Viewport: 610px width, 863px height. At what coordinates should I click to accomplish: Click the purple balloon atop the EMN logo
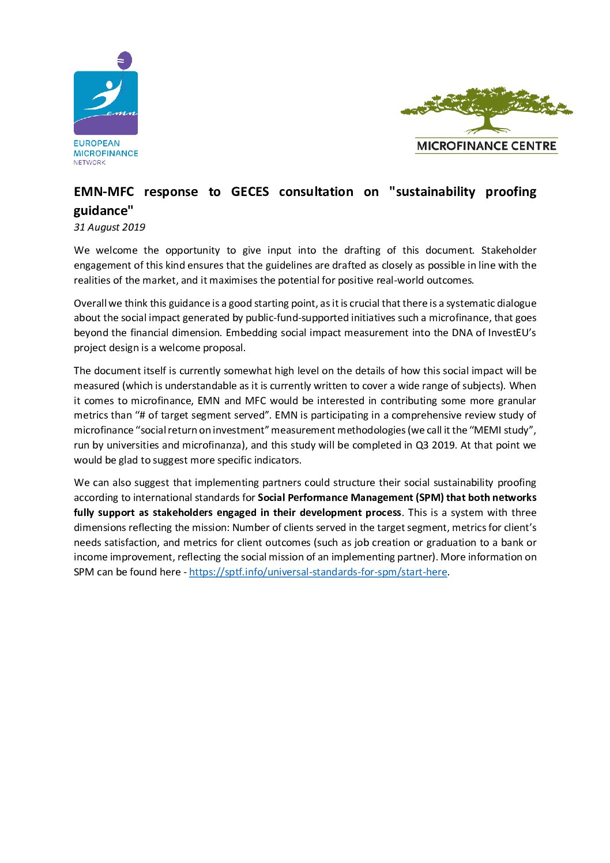click(125, 60)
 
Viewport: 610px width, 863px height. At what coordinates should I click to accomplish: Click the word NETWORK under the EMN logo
click(89, 163)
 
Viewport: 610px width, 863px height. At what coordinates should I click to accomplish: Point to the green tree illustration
click(486, 109)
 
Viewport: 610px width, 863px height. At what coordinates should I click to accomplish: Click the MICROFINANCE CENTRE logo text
click(486, 146)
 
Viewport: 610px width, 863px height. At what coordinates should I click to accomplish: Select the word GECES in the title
click(250, 191)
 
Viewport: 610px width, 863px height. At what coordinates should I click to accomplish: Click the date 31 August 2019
click(110, 227)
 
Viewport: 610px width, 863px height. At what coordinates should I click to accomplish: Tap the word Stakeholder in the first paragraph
click(509, 250)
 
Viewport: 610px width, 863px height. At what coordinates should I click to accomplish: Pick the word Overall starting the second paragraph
click(90, 303)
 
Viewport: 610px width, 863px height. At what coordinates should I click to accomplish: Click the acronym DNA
click(462, 333)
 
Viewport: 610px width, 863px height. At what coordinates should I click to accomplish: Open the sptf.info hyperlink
click(318, 572)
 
